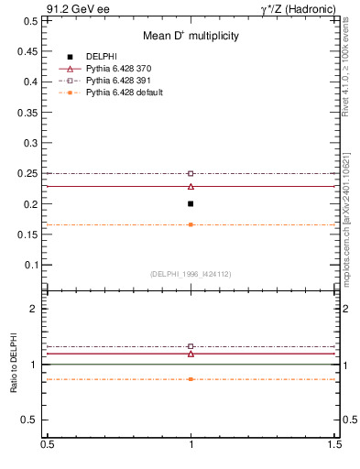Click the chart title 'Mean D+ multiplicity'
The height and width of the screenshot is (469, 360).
(x=191, y=36)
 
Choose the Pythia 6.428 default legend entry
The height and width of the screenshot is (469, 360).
(x=125, y=93)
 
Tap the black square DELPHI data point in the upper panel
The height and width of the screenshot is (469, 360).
(x=191, y=203)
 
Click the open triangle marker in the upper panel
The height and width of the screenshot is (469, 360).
(x=191, y=186)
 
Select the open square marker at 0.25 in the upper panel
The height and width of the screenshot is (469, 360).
(x=191, y=173)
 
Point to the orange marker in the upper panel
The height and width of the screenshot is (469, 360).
(x=191, y=224)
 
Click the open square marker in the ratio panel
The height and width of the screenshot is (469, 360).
(x=191, y=346)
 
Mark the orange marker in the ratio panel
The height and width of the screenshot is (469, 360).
(x=191, y=378)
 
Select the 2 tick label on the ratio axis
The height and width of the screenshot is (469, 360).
(x=32, y=309)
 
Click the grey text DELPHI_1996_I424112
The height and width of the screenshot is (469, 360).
(x=191, y=274)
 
